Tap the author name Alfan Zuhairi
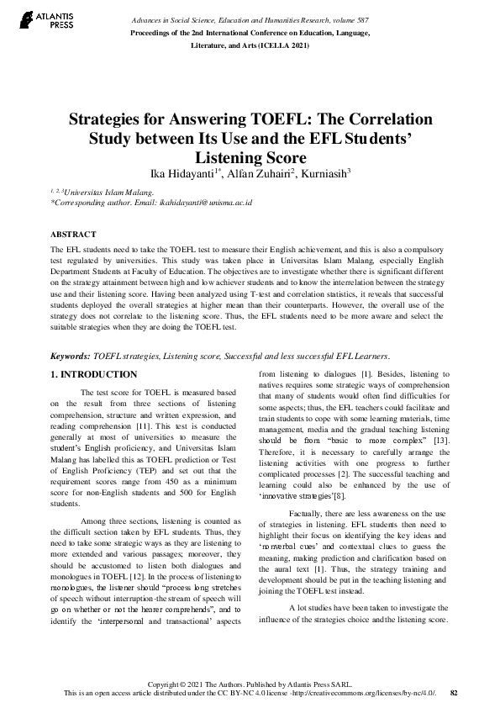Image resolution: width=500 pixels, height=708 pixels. pos(256,174)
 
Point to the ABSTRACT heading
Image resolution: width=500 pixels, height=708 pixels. pos(74,234)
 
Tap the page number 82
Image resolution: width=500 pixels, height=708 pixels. pos(454,693)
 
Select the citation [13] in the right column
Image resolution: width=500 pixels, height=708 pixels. pos(442,442)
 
